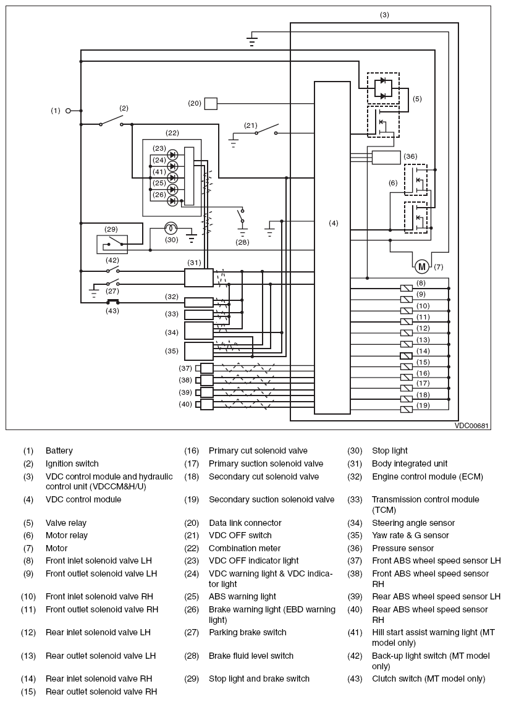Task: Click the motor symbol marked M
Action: (x=422, y=267)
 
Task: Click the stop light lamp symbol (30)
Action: (x=172, y=228)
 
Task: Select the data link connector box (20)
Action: (x=211, y=103)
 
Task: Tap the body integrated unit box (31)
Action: (x=198, y=277)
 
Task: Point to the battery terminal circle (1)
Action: (x=68, y=111)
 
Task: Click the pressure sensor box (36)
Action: (x=386, y=157)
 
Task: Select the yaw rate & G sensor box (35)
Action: (x=198, y=351)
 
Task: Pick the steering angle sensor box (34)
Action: (x=198, y=331)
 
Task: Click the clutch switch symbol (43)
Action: (x=112, y=302)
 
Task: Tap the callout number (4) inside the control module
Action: (x=334, y=223)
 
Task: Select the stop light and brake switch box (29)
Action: (x=112, y=244)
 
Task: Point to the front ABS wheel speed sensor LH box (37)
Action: (x=207, y=368)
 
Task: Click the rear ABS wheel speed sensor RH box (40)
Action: (x=207, y=404)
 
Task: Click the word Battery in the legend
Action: (x=59, y=451)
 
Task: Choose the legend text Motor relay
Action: (x=67, y=536)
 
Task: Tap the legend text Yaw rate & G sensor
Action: (x=410, y=536)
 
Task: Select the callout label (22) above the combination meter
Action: (x=172, y=133)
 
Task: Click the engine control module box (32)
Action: (x=199, y=302)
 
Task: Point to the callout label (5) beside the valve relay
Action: (x=417, y=98)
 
